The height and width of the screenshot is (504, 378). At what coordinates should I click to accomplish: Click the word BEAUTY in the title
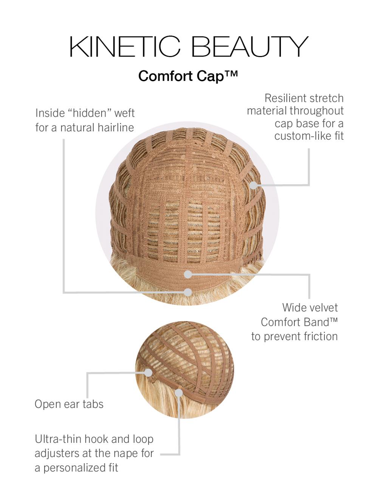(x=250, y=47)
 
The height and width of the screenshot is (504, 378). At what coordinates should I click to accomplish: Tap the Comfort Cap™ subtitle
(x=188, y=76)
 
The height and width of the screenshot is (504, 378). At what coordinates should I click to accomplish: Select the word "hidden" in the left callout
(x=90, y=113)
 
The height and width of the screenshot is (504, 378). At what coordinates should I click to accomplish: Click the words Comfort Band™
(x=299, y=322)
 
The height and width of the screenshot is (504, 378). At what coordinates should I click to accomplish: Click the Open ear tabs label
(x=69, y=404)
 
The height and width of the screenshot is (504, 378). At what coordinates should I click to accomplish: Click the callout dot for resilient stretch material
(x=253, y=185)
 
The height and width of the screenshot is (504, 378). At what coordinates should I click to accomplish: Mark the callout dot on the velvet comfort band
(x=188, y=274)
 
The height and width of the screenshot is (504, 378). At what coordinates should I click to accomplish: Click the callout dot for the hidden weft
(x=188, y=292)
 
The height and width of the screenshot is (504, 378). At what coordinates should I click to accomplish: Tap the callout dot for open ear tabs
(x=149, y=373)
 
